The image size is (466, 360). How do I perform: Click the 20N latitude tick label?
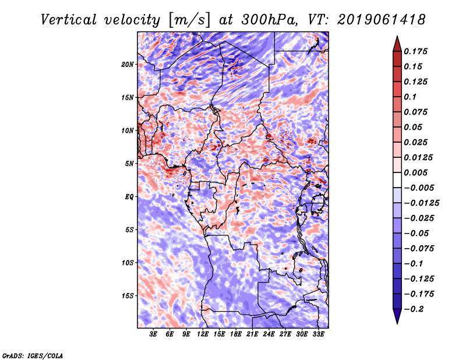click(x=128, y=64)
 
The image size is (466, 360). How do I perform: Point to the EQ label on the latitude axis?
click(x=129, y=197)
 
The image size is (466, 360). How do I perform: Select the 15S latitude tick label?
click(x=128, y=296)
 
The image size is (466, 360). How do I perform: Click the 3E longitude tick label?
click(x=154, y=335)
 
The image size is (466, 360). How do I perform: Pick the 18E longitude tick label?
click(x=236, y=335)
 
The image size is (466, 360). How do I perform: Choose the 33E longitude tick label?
click(x=318, y=335)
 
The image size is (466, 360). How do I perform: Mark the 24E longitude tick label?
click(x=269, y=335)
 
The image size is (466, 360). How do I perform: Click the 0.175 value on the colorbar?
click(x=417, y=51)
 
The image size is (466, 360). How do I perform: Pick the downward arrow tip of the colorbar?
click(x=397, y=322)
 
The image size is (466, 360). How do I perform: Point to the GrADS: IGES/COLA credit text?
click(x=32, y=355)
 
